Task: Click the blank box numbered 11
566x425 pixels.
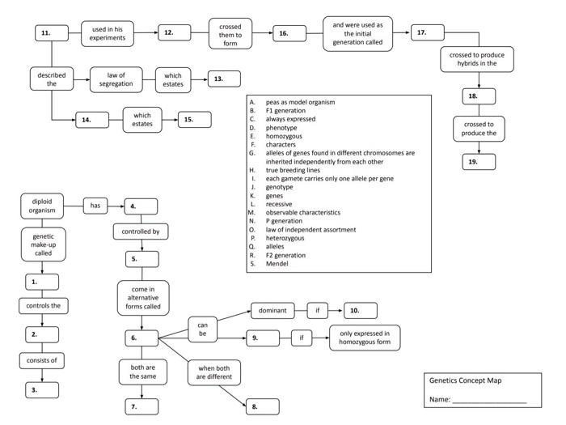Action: point(53,32)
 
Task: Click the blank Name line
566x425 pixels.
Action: point(489,401)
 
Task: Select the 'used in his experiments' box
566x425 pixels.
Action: point(107,33)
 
